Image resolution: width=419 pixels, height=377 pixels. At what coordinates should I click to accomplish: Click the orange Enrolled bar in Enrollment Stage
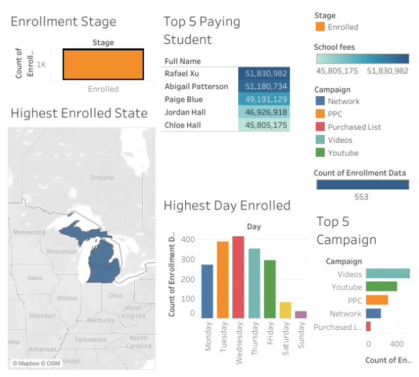(103, 65)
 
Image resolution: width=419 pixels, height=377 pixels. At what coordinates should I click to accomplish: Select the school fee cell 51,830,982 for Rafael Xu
(264, 74)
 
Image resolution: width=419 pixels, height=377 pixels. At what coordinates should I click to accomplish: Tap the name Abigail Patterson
(197, 87)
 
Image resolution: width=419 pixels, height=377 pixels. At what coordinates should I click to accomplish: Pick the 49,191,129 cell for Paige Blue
(264, 99)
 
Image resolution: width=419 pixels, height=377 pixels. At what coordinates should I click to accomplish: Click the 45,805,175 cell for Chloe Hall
(264, 125)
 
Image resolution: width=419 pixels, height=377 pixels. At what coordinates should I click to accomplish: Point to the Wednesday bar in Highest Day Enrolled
(238, 278)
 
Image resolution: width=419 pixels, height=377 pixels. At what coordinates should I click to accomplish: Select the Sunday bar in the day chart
(301, 315)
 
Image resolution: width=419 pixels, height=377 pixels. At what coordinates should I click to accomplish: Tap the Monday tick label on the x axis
(208, 338)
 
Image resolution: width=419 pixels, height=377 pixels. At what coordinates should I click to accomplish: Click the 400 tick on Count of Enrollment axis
(189, 240)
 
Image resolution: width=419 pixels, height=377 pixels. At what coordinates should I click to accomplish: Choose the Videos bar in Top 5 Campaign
(388, 274)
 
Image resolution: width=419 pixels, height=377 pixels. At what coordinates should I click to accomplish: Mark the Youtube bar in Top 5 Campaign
(381, 287)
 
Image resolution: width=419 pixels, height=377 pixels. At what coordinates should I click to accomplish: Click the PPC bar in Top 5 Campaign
(376, 300)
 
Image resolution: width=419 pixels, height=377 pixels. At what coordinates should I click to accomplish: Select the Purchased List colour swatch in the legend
(319, 127)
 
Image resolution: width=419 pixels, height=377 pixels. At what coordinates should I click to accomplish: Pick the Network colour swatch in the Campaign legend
(319, 101)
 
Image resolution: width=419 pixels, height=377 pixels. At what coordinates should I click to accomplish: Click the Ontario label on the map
(102, 177)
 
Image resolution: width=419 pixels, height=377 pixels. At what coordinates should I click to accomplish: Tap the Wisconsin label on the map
(62, 251)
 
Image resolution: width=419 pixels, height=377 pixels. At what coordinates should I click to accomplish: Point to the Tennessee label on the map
(90, 340)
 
